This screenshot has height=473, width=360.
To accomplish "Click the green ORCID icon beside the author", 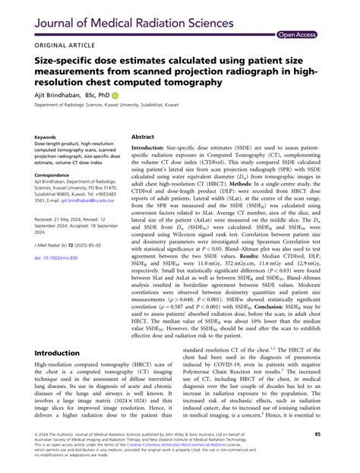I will (118, 96).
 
